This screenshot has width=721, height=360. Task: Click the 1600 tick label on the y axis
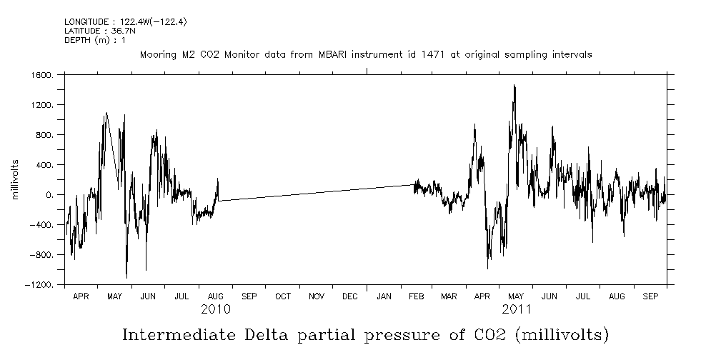(x=42, y=75)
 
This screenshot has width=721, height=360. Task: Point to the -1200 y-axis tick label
(x=40, y=285)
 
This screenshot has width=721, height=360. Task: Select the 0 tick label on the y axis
(x=50, y=195)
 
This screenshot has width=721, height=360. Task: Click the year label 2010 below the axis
(x=215, y=309)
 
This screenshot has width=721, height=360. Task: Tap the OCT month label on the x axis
(x=282, y=296)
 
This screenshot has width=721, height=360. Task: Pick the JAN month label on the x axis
(x=384, y=296)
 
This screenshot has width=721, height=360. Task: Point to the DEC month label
(x=350, y=296)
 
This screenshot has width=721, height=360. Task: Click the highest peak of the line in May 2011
(x=514, y=85)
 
